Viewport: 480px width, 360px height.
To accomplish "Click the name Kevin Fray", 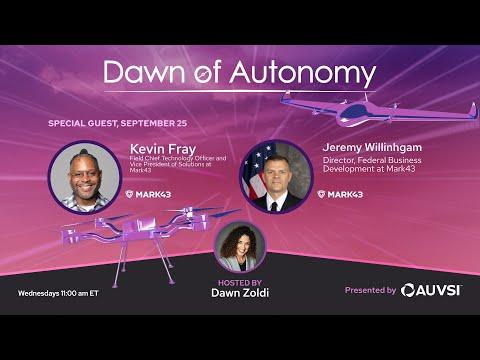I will point(161,148).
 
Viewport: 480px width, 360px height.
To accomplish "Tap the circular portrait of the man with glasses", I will point(85,177).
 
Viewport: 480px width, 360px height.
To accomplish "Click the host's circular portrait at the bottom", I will point(240,246).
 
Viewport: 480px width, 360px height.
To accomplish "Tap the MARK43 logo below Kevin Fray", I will point(147,194).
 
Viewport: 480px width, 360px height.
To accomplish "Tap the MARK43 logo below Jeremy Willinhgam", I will point(340,194).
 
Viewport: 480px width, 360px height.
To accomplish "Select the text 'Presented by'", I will point(370,290).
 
